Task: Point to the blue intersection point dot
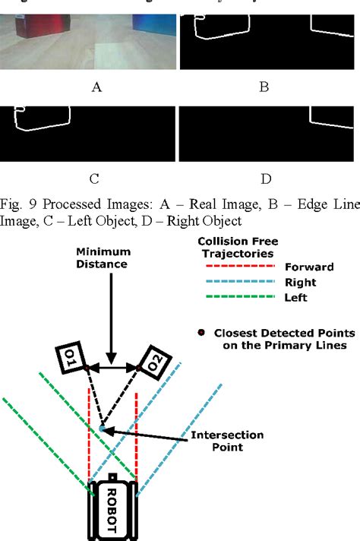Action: pyautogui.click(x=103, y=429)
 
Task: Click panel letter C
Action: pyautogui.click(x=93, y=180)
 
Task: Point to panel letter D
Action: pyautogui.click(x=266, y=180)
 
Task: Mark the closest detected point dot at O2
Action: pyautogui.click(x=139, y=369)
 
